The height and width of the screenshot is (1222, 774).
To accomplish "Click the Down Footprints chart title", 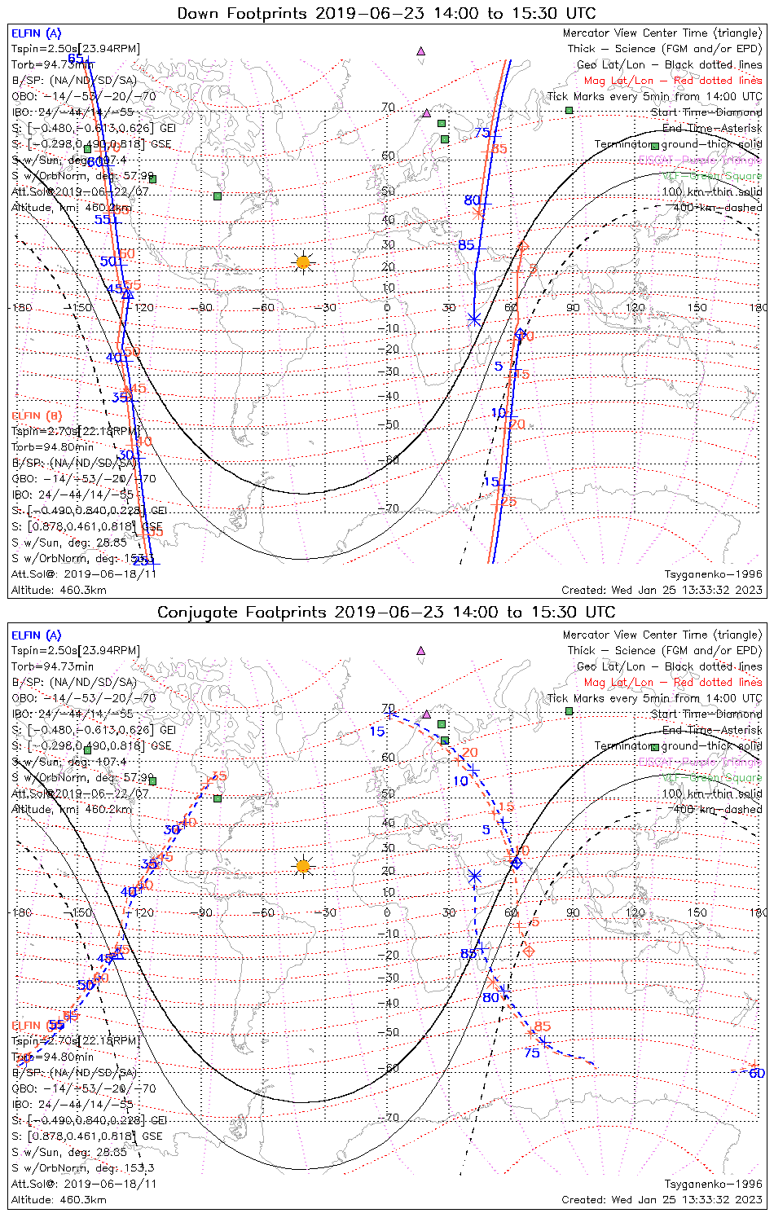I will pyautogui.click(x=386, y=13).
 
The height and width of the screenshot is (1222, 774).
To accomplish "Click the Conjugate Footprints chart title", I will pyautogui.click(x=386, y=612).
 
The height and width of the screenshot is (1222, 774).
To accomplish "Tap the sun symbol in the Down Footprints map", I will pyautogui.click(x=303, y=262).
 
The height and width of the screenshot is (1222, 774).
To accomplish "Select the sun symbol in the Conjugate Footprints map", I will pyautogui.click(x=303, y=865).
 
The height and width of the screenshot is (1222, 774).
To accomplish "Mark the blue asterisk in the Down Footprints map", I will pyautogui.click(x=474, y=319).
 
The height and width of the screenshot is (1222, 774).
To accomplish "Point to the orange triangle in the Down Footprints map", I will pyautogui.click(x=522, y=244).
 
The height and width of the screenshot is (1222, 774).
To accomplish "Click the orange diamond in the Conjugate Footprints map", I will pyautogui.click(x=528, y=950).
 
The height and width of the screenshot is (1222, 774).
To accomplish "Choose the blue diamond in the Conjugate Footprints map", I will pyautogui.click(x=516, y=863).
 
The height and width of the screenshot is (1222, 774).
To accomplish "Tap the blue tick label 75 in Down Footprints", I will pyautogui.click(x=482, y=133).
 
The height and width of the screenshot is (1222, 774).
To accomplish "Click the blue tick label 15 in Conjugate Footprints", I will pyautogui.click(x=376, y=731).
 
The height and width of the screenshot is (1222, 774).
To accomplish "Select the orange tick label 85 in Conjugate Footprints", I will pyautogui.click(x=543, y=1026).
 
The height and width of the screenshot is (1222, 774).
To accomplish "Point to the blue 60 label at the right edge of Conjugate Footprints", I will pyautogui.click(x=757, y=1073).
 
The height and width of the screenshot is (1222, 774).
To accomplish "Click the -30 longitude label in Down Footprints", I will pyautogui.click(x=327, y=308).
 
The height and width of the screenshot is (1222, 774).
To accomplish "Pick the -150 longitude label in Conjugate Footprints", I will pyautogui.click(x=82, y=912).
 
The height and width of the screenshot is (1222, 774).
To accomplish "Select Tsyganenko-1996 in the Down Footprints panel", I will pyautogui.click(x=713, y=574).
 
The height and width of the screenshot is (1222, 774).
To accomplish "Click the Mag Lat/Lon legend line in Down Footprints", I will pyautogui.click(x=673, y=81).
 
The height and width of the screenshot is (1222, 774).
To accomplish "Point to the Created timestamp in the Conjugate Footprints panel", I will pyautogui.click(x=662, y=1199).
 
